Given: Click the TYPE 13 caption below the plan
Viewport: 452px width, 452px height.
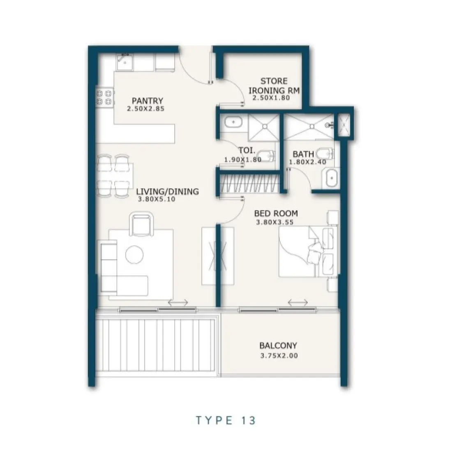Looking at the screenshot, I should (226, 420).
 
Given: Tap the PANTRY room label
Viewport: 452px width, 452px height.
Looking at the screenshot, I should (148, 101).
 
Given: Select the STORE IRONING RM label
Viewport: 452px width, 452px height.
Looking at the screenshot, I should (274, 85).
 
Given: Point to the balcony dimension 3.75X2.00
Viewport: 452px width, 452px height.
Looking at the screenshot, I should (279, 355).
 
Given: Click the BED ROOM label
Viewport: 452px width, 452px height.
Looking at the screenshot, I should (276, 214).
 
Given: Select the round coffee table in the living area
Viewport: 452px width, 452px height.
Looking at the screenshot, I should (135, 254).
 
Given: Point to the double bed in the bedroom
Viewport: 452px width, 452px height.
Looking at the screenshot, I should (308, 253).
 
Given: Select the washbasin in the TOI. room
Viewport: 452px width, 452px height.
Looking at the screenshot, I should (234, 122).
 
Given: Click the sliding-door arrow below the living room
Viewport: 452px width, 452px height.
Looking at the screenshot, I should (178, 303).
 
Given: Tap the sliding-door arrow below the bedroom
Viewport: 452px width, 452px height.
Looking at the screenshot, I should (298, 303).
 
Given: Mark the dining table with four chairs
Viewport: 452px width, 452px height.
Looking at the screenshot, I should (115, 175).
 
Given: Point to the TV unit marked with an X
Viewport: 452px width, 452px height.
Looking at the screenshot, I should (218, 255).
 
